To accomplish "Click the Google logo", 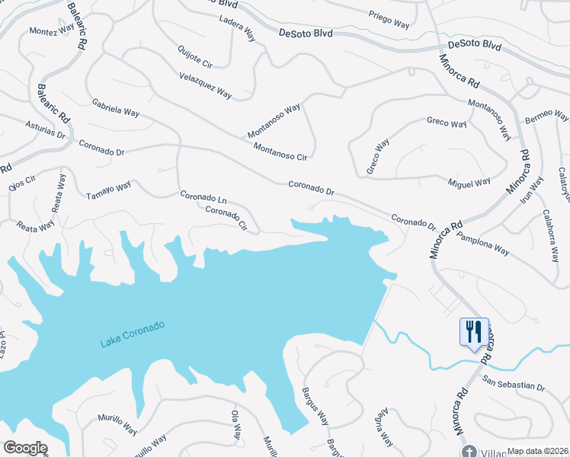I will click(25, 448).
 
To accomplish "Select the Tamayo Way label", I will click(109, 187).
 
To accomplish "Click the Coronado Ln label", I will click(203, 197).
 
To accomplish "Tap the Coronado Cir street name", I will click(227, 217).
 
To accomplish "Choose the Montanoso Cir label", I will click(280, 152).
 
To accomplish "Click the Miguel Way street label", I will click(469, 184).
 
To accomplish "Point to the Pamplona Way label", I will click(482, 241).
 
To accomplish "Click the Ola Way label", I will click(235, 424).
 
